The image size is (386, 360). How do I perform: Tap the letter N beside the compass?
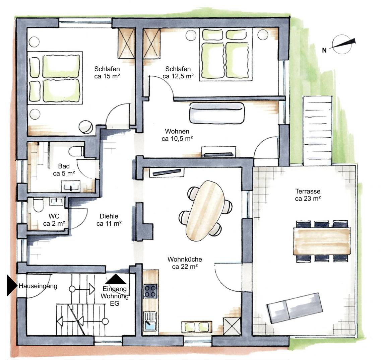pos(324,50)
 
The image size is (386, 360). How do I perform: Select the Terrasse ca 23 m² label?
pos(308,195)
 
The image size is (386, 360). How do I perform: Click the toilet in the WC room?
pos(38,205)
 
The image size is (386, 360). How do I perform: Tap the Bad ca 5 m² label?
pos(64,170)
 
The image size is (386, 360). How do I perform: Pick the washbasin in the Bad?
pos(71,186)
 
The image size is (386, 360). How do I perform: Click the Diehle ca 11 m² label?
pos(109,220)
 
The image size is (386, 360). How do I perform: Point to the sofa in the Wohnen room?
pos(217,113)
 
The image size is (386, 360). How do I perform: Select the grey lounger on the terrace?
pos(295,307)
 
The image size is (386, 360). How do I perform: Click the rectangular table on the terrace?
pos(322,241)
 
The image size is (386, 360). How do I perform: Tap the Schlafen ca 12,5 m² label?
pos(178,73)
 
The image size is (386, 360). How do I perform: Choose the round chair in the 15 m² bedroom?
pos(86,127)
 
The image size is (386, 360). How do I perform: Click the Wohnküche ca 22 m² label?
pos(185,263)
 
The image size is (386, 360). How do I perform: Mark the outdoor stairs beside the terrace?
pos(318,131)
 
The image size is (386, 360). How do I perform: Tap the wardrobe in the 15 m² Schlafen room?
pos(127,44)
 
